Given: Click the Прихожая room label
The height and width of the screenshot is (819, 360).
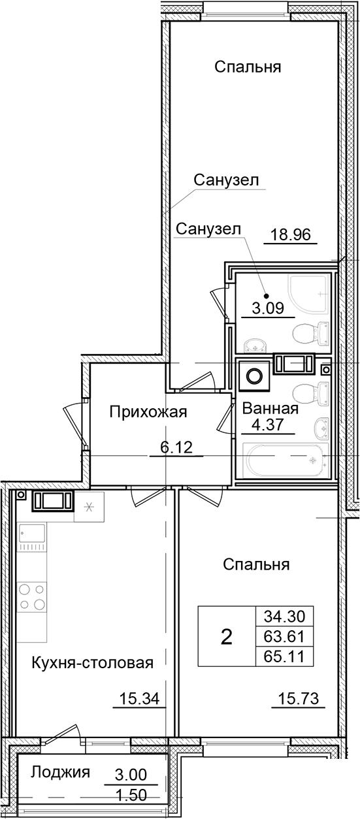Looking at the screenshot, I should (148, 411).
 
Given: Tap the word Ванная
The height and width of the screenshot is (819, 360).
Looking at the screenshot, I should (270, 409).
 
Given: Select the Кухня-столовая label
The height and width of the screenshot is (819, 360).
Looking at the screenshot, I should (92, 664).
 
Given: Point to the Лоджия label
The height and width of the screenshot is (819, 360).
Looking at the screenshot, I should (59, 773).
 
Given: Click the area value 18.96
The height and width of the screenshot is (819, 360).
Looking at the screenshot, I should (290, 234).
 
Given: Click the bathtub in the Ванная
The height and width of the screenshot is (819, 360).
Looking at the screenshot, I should (284, 460).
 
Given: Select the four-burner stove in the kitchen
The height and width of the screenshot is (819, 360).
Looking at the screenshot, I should (31, 596).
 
